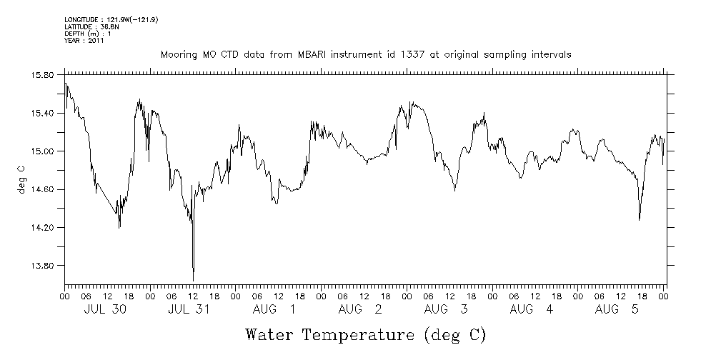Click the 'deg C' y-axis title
21,177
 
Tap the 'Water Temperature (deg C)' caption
366,334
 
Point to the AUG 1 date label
274,309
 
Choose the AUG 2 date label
360,309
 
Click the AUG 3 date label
446,309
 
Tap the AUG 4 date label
532,309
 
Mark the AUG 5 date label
617,309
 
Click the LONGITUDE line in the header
111,19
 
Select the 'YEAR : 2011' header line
84,41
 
